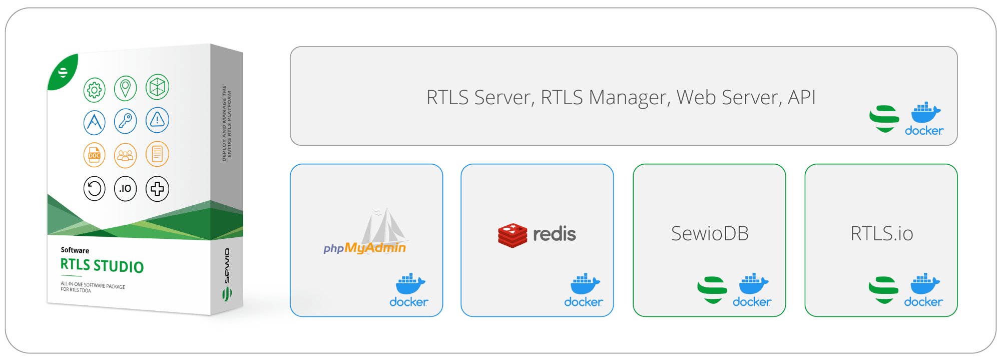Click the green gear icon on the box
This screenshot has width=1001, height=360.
[94, 90]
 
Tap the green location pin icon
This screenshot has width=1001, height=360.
[125, 88]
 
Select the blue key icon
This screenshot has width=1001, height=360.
[125, 121]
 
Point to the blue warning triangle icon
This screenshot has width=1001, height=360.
[157, 120]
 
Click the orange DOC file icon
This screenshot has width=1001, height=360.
[94, 155]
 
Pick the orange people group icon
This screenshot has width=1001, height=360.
[125, 155]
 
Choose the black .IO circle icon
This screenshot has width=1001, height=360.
[125, 189]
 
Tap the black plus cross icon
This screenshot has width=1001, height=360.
[157, 189]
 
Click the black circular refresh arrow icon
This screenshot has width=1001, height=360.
[94, 189]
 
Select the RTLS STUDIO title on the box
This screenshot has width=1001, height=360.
[102, 265]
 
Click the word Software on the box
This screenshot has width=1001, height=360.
[75, 250]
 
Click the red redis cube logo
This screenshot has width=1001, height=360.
[513, 235]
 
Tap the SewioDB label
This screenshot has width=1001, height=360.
[710, 234]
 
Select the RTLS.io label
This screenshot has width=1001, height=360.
[881, 234]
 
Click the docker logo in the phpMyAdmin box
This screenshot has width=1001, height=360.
[409, 290]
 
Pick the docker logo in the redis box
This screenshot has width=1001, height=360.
[584, 290]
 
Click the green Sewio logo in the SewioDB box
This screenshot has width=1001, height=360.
[712, 290]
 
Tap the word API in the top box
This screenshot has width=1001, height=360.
[802, 97]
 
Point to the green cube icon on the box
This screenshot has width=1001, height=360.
[157, 87]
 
